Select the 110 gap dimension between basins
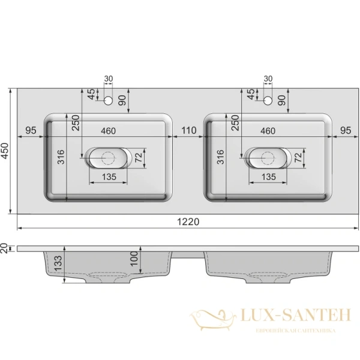pyautogui.click(x=189, y=130)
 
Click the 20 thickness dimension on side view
pyautogui.click(x=5, y=248)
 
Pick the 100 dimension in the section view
pyautogui.click(x=135, y=259)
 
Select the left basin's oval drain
pyautogui.click(x=107, y=158)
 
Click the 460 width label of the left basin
pyautogui.click(x=108, y=130)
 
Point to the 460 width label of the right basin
pyautogui.click(x=268, y=130)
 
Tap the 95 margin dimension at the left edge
pyautogui.click(x=32, y=130)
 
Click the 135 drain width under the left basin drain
pyautogui.click(x=108, y=178)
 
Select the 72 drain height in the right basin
pyautogui.click(x=299, y=158)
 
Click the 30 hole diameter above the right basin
pyautogui.click(x=268, y=79)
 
